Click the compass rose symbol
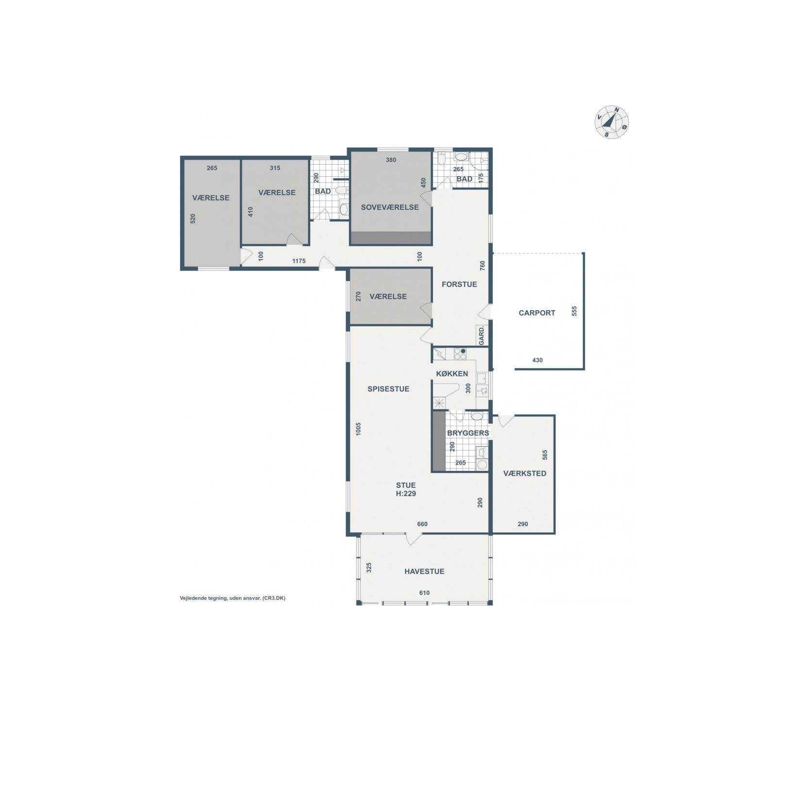coord(612,122)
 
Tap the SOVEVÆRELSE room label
coord(390,207)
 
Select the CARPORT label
coord(537,313)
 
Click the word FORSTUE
coord(459,284)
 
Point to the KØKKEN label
coord(452,374)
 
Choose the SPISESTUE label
coord(388,389)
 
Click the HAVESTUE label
coord(424,571)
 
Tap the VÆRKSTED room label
coord(525,473)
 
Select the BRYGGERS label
coord(468,433)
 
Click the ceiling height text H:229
coord(406,494)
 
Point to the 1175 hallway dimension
coord(299,261)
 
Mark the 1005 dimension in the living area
coord(358,429)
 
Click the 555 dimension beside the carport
coord(574,311)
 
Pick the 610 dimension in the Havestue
coord(424,593)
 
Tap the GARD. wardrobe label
coord(482,336)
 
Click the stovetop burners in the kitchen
coord(460,354)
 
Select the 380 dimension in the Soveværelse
coord(391,160)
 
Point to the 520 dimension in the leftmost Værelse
coord(193,218)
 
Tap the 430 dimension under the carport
coord(537,360)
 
